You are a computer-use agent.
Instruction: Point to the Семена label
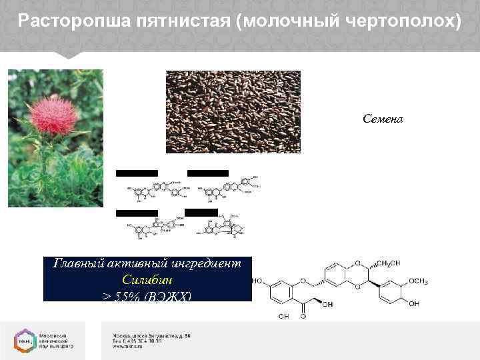(x=383, y=119)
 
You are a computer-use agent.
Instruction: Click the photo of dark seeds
(x=233, y=112)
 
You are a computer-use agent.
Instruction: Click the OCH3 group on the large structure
(x=429, y=283)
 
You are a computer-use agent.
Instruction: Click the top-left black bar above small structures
(x=137, y=173)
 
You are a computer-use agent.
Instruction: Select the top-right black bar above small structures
(x=208, y=173)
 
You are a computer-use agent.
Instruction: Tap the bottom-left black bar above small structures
(x=137, y=213)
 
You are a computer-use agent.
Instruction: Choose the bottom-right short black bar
(x=201, y=213)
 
